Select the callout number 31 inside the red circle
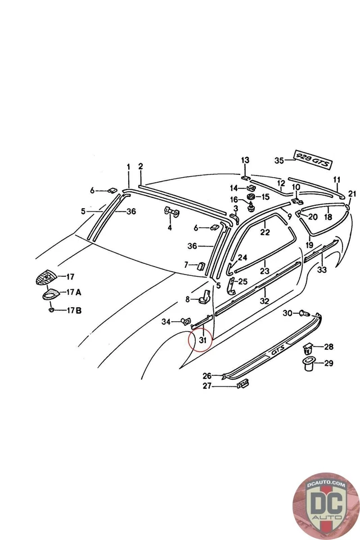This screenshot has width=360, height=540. [202, 339]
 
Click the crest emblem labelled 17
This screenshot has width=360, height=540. [47, 277]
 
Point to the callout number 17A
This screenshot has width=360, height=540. [74, 292]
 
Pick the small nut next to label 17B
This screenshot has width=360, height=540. [52, 309]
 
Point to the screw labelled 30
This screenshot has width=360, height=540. [304, 312]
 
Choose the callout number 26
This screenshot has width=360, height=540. [206, 375]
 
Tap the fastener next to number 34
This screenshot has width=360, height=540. [184, 321]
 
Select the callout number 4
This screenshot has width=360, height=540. [169, 228]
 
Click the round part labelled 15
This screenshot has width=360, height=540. [251, 197]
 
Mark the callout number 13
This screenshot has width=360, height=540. [245, 160]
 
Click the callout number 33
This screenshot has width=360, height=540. [322, 270]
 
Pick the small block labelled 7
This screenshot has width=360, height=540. [199, 265]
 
